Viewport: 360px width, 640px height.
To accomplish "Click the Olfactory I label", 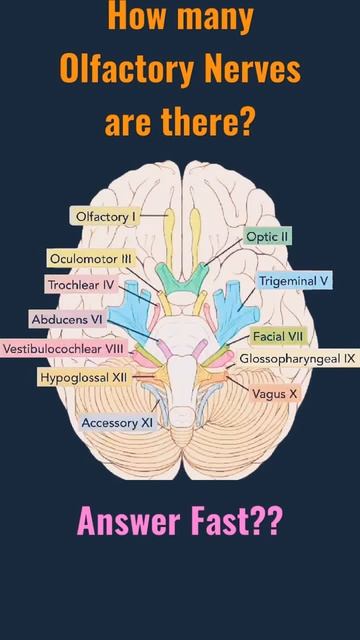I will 104,215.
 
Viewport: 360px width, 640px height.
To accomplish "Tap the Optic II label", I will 267,236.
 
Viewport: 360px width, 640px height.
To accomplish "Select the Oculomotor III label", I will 90,259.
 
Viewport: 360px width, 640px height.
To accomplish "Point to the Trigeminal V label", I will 294,281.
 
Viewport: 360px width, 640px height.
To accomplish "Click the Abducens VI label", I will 67,319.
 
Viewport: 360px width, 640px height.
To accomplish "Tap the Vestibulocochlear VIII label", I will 64,349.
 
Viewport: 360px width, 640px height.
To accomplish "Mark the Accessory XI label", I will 117,423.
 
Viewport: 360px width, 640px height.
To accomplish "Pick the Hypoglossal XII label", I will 83,378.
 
